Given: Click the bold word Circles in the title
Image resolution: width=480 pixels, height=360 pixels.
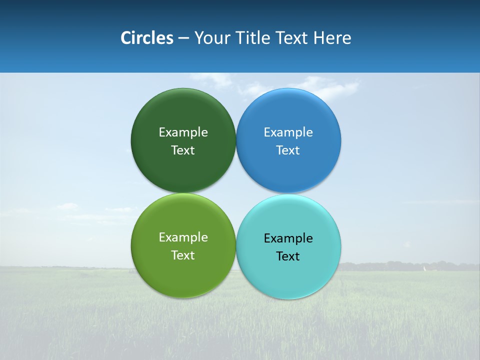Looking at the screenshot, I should pyautogui.click(x=146, y=38).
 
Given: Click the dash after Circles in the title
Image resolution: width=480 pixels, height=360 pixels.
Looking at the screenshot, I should pyautogui.click(x=183, y=38).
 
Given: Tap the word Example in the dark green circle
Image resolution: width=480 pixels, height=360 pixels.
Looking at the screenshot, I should pyautogui.click(x=183, y=132).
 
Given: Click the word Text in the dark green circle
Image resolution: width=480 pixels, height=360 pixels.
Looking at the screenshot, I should pyautogui.click(x=183, y=150).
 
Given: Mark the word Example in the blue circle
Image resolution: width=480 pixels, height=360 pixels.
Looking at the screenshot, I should pyautogui.click(x=288, y=132).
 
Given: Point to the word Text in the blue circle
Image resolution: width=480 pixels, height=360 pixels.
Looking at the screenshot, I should pyautogui.click(x=288, y=150).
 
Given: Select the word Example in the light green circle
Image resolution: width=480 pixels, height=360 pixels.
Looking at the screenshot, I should pyautogui.click(x=183, y=237).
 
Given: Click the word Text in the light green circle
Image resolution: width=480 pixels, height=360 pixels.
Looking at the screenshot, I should pyautogui.click(x=183, y=255).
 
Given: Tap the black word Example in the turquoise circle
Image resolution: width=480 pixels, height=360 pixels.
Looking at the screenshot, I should pyautogui.click(x=288, y=238).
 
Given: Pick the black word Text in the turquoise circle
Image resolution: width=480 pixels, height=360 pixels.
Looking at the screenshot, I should pyautogui.click(x=288, y=256).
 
